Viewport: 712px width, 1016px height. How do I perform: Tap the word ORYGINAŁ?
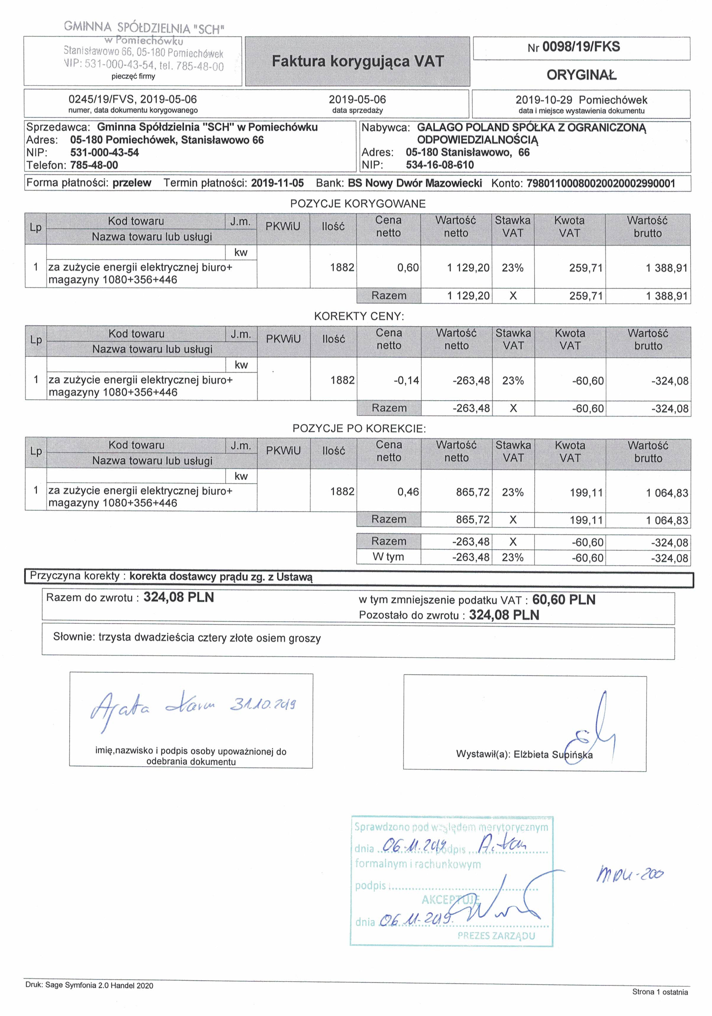(581, 75)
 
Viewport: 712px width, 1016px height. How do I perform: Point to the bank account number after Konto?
(601, 184)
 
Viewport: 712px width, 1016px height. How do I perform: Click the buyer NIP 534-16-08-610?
(439, 165)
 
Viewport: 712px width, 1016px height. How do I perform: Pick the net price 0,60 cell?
(408, 268)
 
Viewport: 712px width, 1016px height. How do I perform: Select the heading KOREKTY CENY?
(359, 316)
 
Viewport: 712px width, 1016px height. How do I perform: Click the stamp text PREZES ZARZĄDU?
(496, 936)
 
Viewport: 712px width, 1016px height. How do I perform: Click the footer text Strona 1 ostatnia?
(659, 992)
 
